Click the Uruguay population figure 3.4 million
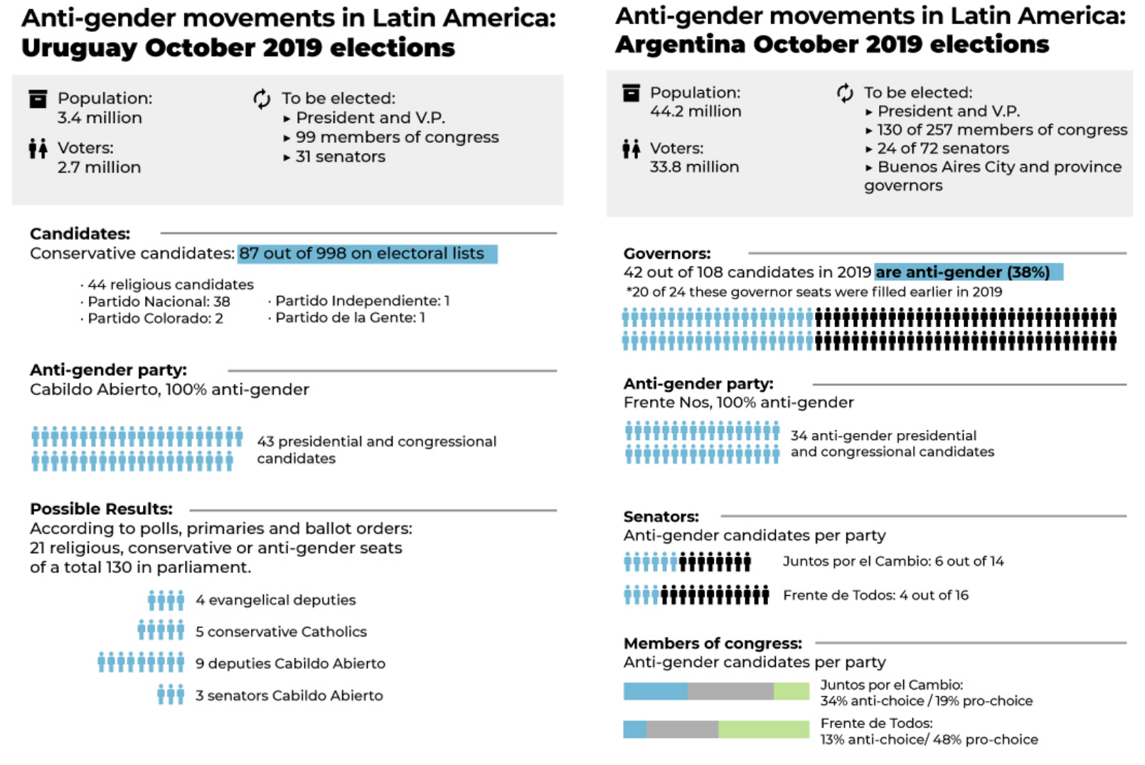tap(100, 118)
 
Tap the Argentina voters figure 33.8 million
tap(694, 167)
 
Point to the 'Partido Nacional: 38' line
tap(159, 301)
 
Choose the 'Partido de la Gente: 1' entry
tap(350, 318)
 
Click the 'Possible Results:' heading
tap(101, 509)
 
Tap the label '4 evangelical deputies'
tap(275, 600)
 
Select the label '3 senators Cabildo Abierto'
tap(289, 695)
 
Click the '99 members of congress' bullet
tap(397, 137)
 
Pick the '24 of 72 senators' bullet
tap(942, 149)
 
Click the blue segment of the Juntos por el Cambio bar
tap(655, 691)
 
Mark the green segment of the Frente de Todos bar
tap(763, 729)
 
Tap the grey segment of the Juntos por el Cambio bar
tap(730, 691)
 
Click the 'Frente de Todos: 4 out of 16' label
tap(875, 595)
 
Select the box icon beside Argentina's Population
tap(631, 93)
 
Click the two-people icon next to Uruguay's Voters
tap(38, 149)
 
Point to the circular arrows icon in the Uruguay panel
tap(262, 99)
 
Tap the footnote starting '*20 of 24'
tap(814, 292)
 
